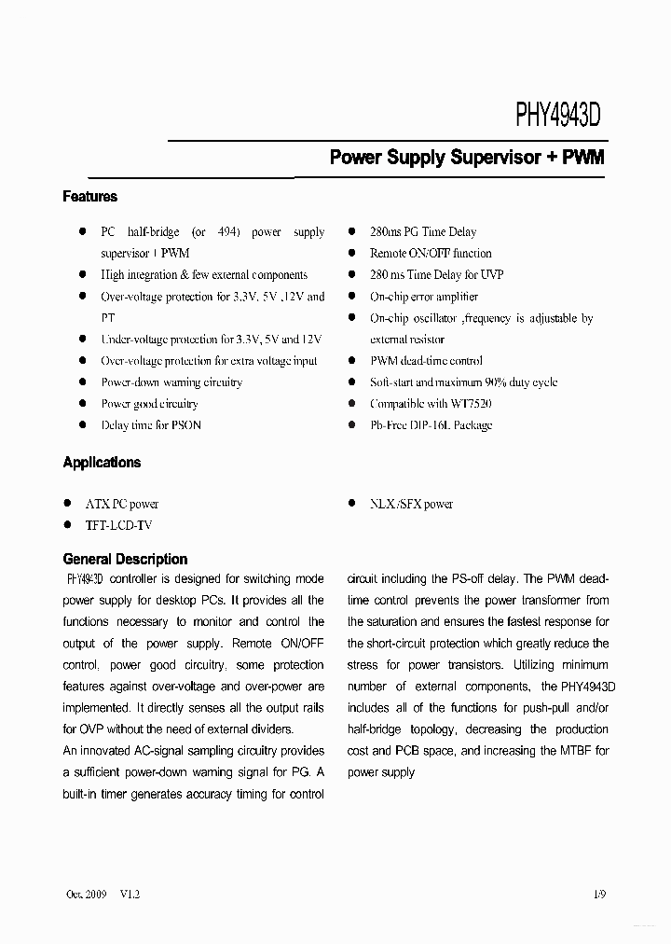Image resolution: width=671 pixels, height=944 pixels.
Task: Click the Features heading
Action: (90, 197)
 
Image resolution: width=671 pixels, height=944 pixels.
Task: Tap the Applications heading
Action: (102, 463)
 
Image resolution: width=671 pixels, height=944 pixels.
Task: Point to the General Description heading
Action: (125, 560)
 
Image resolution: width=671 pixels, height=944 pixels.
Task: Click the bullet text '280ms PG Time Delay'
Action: (422, 232)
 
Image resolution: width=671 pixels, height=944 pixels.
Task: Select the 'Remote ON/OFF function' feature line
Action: (430, 254)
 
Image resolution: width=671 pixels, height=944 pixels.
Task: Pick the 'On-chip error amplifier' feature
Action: (423, 297)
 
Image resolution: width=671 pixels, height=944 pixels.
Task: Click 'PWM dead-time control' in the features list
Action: (426, 361)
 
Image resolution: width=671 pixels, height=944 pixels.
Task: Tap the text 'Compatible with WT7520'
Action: (430, 404)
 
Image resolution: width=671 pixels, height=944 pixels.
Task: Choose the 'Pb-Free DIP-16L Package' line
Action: (431, 425)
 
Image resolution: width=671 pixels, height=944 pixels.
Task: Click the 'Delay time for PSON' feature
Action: (150, 425)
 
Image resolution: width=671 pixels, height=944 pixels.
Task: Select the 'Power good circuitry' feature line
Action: (149, 404)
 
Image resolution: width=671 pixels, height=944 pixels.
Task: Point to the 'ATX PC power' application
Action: (122, 505)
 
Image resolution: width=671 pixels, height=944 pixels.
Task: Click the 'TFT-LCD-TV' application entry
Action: (118, 526)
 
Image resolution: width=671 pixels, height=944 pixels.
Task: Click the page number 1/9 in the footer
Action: (598, 894)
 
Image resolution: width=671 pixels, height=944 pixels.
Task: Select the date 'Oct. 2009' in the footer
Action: (88, 894)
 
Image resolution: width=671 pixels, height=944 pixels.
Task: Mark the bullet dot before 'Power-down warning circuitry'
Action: (81, 382)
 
